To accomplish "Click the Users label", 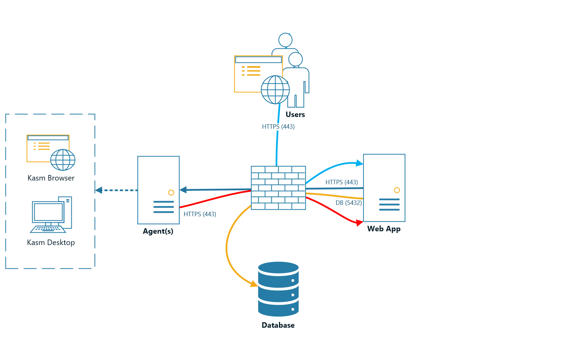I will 295,115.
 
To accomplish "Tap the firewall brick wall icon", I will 278,188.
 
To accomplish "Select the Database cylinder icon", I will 278,289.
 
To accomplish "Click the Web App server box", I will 384,188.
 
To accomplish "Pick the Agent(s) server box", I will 159,190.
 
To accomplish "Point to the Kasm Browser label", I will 51,178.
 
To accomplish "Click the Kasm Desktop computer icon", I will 51,214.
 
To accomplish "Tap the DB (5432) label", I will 349,203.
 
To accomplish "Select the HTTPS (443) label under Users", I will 278,127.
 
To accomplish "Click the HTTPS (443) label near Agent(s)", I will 200,214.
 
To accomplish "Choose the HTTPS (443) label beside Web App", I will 341,182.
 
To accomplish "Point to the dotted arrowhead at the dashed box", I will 99,190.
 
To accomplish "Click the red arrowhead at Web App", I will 360,223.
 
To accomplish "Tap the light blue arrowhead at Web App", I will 360,163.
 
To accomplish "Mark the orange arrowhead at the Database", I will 254,284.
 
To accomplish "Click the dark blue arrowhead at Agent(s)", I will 183,189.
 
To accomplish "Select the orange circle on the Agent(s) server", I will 171,193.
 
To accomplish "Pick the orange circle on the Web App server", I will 397,190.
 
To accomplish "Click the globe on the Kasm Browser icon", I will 63,160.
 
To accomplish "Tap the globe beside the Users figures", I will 275,90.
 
